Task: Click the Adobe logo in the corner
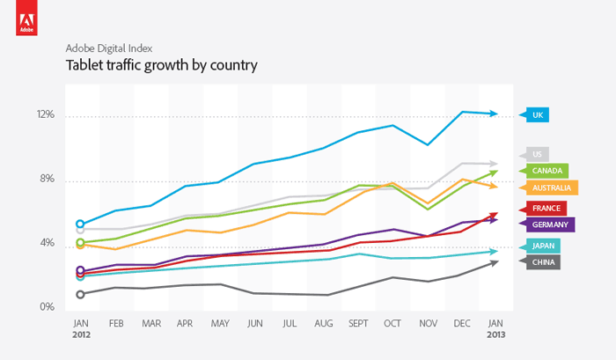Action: (23, 20)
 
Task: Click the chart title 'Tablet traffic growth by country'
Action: (161, 65)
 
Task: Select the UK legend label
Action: (539, 114)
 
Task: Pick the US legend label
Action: (538, 155)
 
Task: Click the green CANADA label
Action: (547, 171)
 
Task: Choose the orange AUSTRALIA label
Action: (551, 187)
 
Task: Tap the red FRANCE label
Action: (546, 209)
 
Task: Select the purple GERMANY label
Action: (551, 225)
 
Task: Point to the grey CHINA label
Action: (543, 261)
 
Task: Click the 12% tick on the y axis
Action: (45, 115)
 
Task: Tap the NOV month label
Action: (427, 324)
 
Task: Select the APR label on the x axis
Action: (186, 324)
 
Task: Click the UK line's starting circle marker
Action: (81, 224)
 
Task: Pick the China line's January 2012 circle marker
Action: (81, 294)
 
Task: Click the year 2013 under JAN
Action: (496, 335)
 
